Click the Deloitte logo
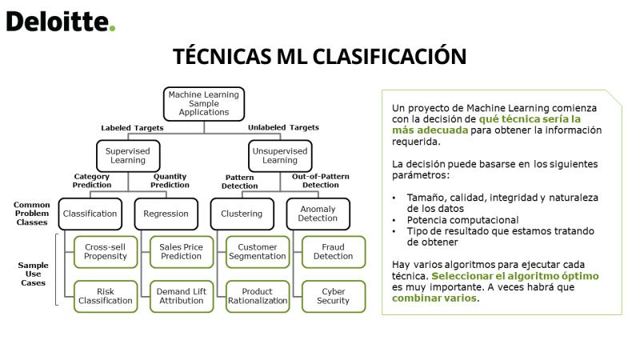click(61, 22)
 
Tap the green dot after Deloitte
click(112, 28)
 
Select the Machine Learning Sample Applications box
click(204, 104)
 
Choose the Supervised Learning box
click(128, 155)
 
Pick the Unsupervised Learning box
click(280, 155)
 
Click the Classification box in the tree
click(90, 214)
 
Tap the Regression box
click(166, 214)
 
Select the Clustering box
click(242, 214)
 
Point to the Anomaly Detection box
click(318, 214)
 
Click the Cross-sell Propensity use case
click(106, 252)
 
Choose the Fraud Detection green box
click(334, 252)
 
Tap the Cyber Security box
click(334, 296)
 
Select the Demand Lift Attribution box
click(182, 296)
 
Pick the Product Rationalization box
click(258, 296)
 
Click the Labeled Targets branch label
click(132, 128)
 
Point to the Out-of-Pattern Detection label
click(321, 181)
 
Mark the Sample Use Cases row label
click(33, 274)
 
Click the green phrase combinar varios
click(434, 298)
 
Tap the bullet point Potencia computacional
click(462, 220)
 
